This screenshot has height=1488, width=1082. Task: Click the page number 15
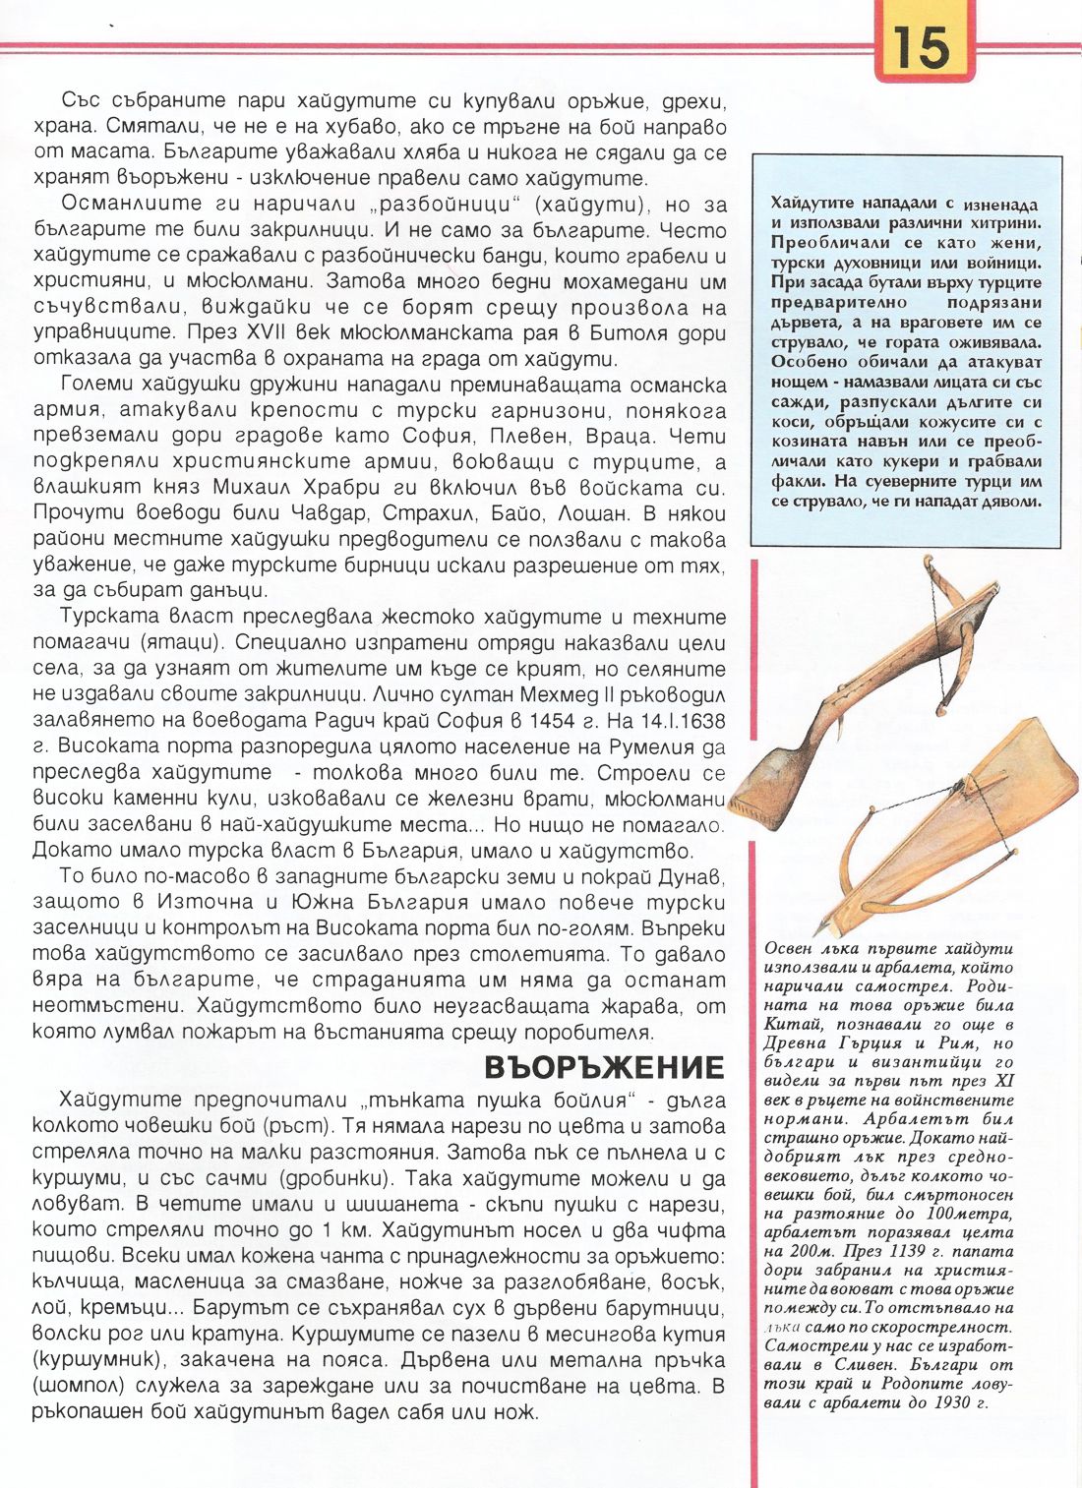[x=922, y=47]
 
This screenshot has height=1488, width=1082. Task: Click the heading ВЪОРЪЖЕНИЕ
[x=604, y=1067]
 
